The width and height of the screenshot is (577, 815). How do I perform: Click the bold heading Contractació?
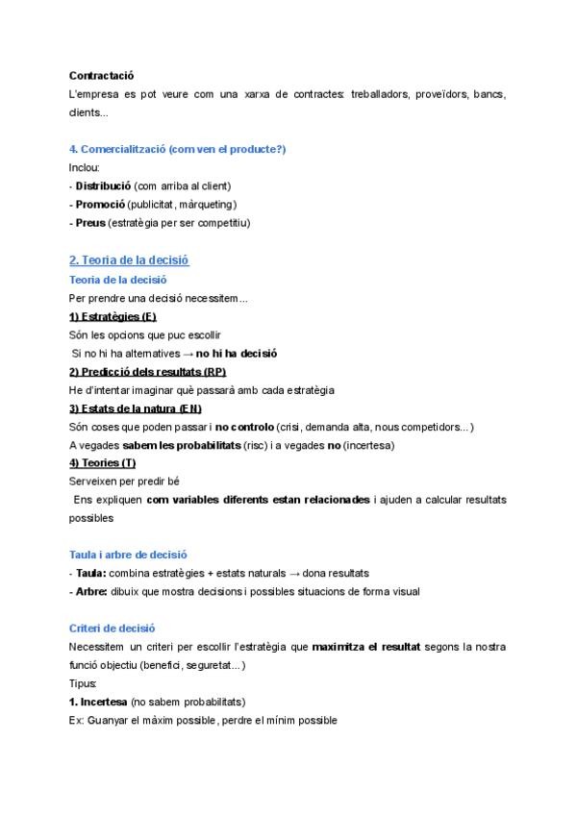coord(101,75)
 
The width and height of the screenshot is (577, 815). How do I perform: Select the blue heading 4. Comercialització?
coord(177,149)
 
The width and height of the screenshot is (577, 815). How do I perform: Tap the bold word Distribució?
coord(103,185)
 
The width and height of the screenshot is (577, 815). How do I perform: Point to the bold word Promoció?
coord(100,204)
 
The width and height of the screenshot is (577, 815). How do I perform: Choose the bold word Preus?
coord(90,223)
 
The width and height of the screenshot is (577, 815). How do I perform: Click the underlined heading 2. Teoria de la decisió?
coord(129,260)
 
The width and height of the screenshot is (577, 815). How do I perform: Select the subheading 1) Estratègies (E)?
coord(113,316)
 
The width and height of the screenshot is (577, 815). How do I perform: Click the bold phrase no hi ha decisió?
coord(237,353)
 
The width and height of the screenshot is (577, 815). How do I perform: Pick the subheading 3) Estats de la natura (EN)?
coord(135,408)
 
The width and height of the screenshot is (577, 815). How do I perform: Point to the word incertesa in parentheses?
coord(367,445)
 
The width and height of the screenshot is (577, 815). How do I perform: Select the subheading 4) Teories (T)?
coord(102,463)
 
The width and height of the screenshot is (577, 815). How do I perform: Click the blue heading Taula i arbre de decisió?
coord(128,555)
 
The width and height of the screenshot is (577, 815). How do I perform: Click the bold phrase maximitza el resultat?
coord(365,647)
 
